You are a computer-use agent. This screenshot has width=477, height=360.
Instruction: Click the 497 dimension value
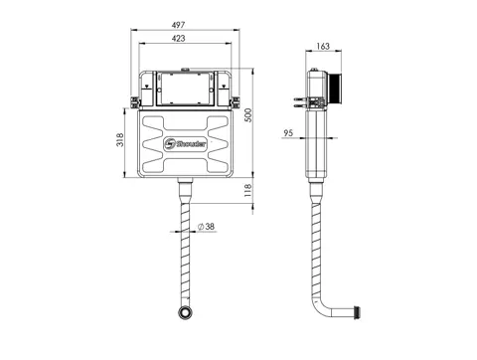178,25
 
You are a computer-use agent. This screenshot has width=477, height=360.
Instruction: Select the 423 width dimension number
178,39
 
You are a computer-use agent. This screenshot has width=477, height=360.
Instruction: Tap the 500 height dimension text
248,115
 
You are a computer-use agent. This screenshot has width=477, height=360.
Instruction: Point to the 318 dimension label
120,139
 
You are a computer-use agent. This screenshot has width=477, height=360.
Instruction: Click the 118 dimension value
248,191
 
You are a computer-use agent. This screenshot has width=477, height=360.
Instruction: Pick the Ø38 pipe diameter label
206,227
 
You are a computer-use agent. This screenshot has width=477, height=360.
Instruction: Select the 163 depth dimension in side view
323,46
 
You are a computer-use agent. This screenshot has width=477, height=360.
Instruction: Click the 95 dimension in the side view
288,133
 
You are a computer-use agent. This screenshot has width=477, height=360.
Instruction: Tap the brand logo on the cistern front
186,144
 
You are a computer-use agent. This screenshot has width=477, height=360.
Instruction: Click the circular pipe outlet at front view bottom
185,312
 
